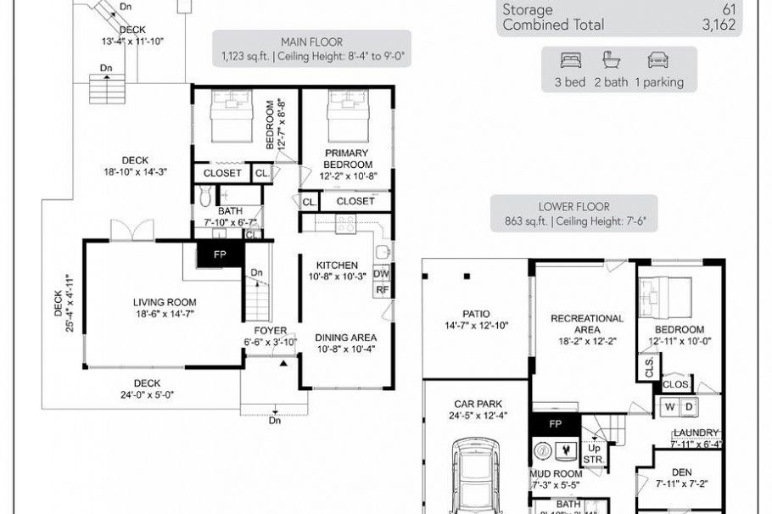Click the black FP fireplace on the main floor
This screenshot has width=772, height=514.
(220, 254)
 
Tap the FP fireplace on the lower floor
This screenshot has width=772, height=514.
(555, 423)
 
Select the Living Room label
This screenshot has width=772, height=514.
(165, 302)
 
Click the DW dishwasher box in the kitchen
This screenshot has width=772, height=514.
(382, 274)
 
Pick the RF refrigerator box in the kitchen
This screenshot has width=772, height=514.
(382, 290)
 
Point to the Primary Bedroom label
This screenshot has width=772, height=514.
(348, 159)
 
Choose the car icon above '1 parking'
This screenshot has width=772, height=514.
(657, 60)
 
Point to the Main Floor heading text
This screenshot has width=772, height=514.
(311, 42)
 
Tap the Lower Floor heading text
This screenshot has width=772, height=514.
(573, 207)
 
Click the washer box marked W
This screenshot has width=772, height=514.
(670, 407)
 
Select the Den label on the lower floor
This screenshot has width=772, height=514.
(681, 472)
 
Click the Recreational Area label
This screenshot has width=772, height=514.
(587, 324)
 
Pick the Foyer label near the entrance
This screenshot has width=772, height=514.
(270, 331)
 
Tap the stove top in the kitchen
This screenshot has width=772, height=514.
(345, 224)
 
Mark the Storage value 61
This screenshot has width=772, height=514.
(728, 10)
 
